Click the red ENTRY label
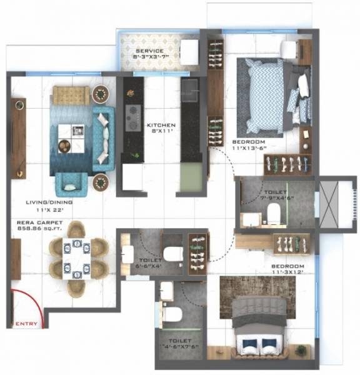click(x=26, y=324)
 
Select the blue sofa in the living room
click(x=104, y=139)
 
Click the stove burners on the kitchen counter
click(x=133, y=116)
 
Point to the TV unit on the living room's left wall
click(x=18, y=137)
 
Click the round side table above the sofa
click(x=99, y=94)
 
